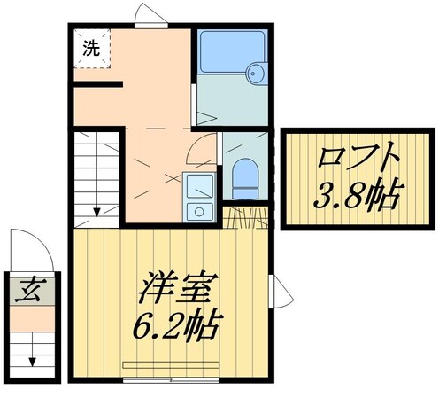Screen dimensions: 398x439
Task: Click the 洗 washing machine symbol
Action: point(91,49)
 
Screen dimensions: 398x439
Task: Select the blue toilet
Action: point(243,176)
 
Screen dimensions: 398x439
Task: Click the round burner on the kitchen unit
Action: point(199,211)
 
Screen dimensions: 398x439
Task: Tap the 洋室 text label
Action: point(174,291)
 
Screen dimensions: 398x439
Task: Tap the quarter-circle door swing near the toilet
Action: point(203,149)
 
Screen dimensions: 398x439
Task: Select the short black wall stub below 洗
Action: point(97,85)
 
